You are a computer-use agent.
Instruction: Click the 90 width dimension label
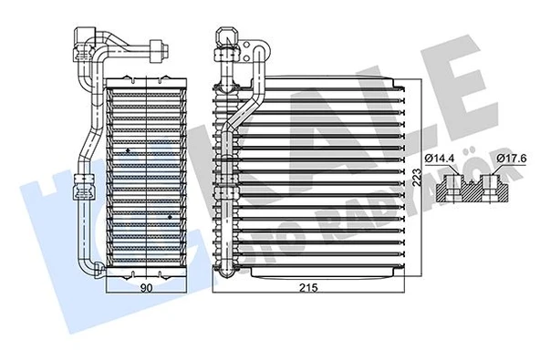(x=146, y=287)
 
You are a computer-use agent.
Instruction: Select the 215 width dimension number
(x=308, y=287)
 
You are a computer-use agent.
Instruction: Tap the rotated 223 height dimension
(x=418, y=177)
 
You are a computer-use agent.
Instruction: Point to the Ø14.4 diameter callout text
(x=440, y=159)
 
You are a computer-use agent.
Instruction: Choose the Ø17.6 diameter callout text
(x=512, y=159)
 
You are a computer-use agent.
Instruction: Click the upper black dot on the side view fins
(x=128, y=150)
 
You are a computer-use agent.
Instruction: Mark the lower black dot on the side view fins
(x=170, y=217)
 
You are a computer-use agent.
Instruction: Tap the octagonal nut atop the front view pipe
(x=225, y=36)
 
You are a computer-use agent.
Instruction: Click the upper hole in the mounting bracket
(x=246, y=45)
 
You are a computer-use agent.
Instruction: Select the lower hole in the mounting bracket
(x=246, y=57)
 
